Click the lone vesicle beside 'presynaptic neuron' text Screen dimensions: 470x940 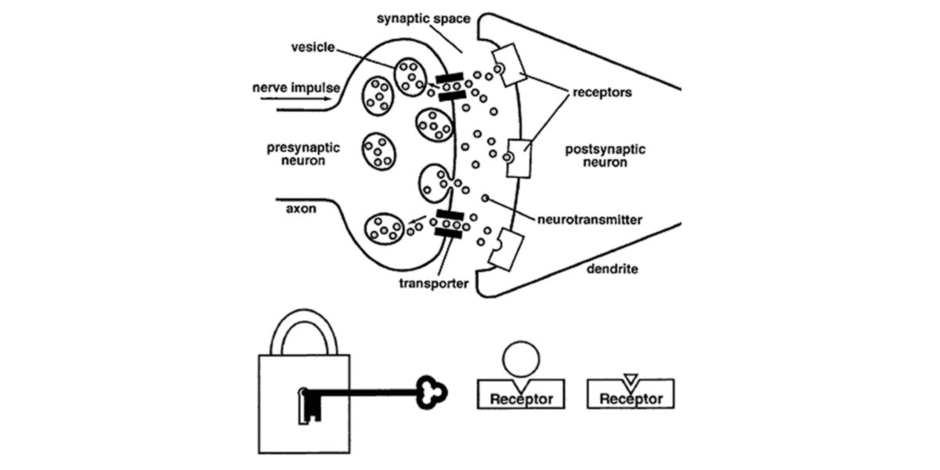click(380, 150)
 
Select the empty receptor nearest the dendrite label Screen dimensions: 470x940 click(501, 249)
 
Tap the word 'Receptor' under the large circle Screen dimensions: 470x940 click(521, 399)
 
